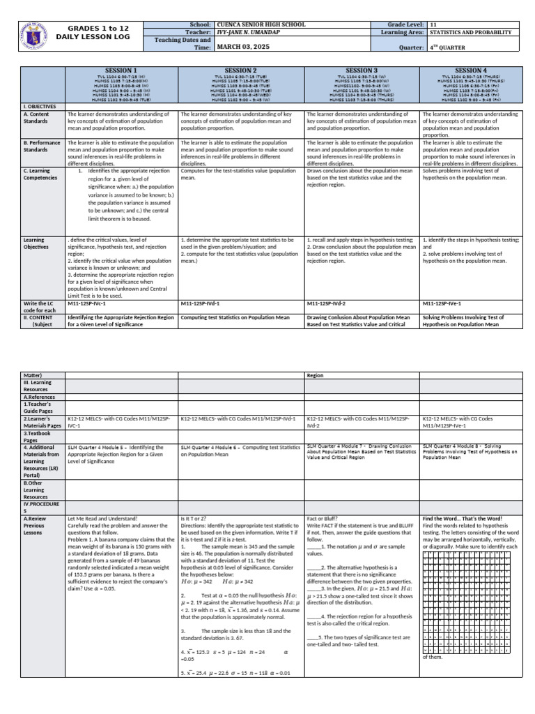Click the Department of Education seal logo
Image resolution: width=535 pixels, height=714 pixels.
click(x=35, y=35)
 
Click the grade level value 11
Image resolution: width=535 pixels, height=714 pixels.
click(x=433, y=24)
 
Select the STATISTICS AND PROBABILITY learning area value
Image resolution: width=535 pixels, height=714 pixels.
click(x=471, y=32)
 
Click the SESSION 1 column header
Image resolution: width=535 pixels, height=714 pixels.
click(x=121, y=70)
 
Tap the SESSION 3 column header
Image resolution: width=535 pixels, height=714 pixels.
click(x=362, y=70)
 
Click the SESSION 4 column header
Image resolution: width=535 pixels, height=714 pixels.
click(x=470, y=70)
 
